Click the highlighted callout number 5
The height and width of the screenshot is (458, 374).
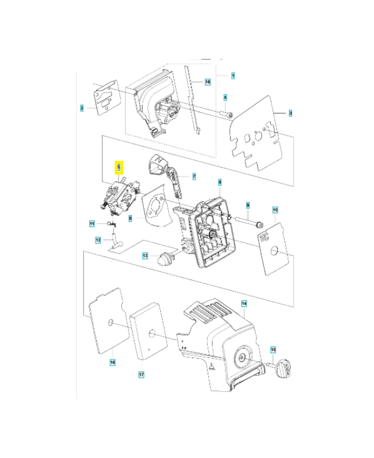pos(119,167)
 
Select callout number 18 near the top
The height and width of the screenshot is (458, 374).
pos(207,82)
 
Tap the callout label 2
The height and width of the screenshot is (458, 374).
pos(82,107)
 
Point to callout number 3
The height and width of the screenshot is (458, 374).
pos(290,113)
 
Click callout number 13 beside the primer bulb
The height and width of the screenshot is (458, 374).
pos(145,255)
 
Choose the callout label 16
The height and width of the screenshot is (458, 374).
pos(112,362)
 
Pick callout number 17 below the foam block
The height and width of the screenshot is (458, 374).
pos(141,374)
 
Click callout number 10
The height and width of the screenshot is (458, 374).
pos(275,211)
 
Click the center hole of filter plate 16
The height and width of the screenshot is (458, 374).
pos(109,324)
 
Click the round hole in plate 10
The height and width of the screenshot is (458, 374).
pos(274,250)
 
